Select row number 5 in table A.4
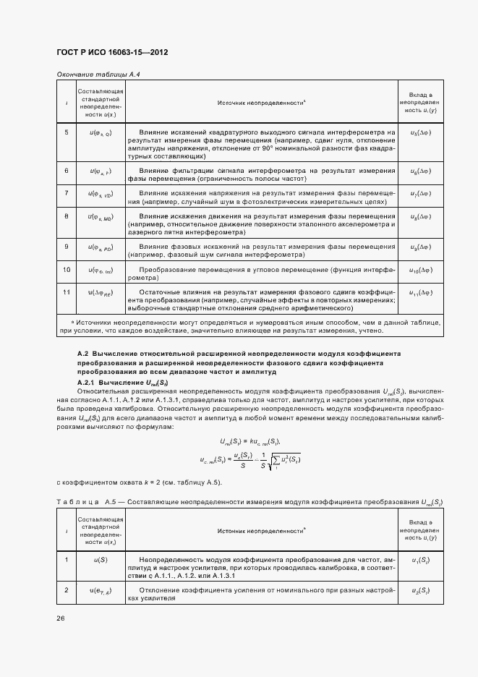67,132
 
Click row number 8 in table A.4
67,216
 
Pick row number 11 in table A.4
67,291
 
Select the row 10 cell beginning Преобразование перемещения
261,273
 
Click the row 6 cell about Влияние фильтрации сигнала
261,174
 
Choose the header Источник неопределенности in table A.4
261,103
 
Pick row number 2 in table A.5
67,592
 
